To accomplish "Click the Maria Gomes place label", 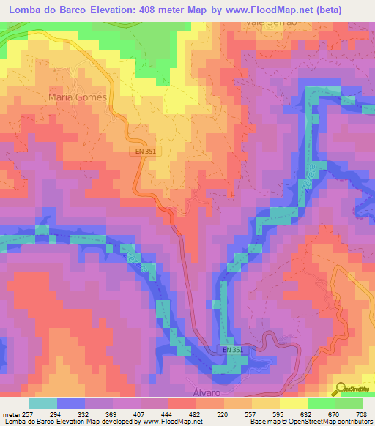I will coord(77,97).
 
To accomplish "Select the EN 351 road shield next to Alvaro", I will coord(233,351).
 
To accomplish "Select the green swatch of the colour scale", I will coord(349,403).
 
